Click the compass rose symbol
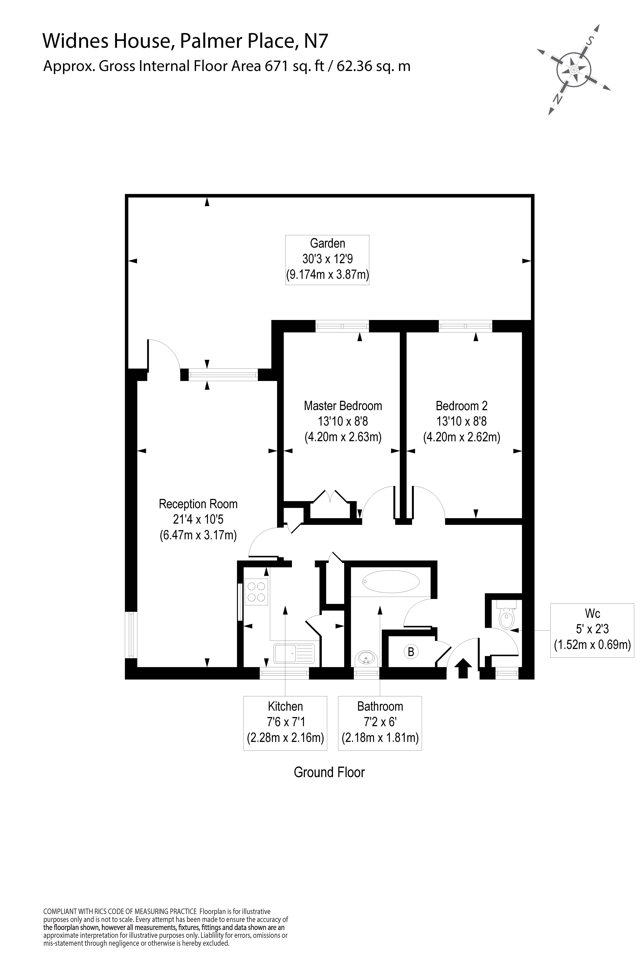coord(574,69)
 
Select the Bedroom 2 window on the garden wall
coord(465,326)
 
